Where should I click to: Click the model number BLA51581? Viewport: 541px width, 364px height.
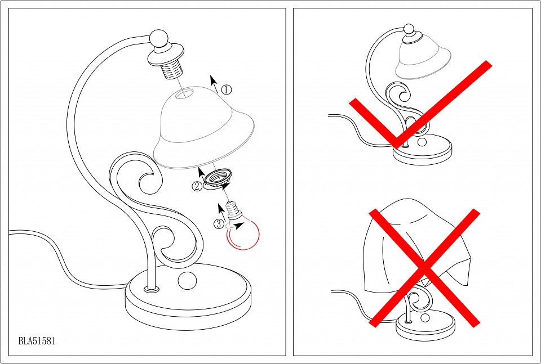37,341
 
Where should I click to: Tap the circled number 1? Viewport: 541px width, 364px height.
226,90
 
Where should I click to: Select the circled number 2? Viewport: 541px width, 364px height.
197,187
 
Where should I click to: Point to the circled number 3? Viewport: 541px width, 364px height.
219,224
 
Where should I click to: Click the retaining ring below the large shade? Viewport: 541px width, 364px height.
216,178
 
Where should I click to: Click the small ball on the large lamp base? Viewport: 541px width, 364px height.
187,280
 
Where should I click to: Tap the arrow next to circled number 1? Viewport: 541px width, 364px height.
214,84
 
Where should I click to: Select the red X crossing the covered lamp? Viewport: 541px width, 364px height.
424,268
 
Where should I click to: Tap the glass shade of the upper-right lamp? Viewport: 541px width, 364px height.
423,58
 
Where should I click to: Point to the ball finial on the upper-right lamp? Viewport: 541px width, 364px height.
409,29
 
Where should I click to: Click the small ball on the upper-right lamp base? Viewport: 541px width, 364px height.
422,142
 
